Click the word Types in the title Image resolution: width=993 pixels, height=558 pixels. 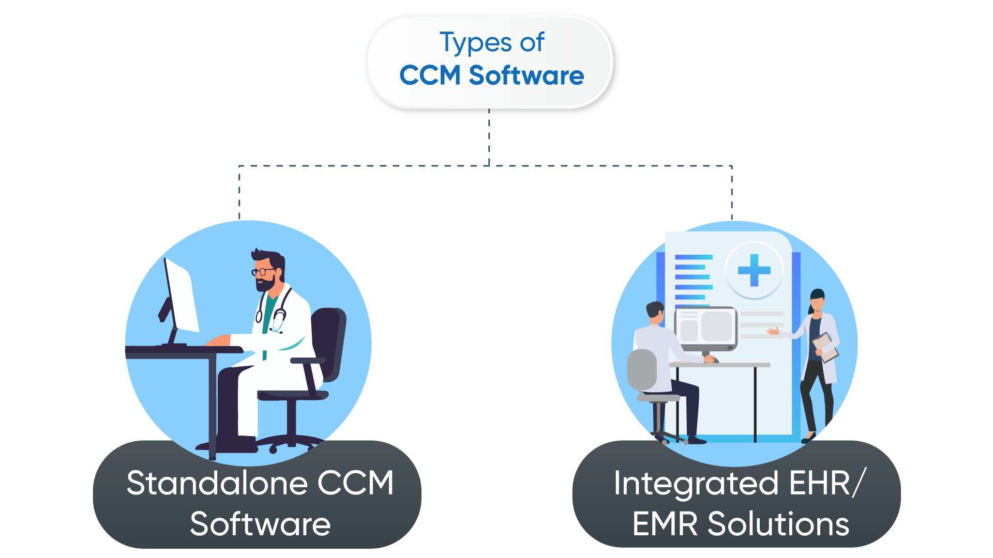pos(475,43)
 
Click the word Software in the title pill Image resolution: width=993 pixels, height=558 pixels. pos(526,75)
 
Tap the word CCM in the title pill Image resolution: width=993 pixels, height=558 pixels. pos(430,75)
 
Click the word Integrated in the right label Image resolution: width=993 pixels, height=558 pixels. pos(696,484)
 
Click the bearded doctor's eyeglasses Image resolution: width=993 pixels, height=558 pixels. pos(263,272)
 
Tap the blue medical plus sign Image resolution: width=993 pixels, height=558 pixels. pos(754,270)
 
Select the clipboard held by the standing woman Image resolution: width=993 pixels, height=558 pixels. pos(825,347)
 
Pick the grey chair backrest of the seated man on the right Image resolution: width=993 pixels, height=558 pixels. pos(642,369)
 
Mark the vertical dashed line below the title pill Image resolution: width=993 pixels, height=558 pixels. pos(489,137)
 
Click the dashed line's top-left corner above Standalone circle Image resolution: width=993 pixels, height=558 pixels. pos(239,166)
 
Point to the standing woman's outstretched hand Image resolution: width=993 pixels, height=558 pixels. pos(774,331)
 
